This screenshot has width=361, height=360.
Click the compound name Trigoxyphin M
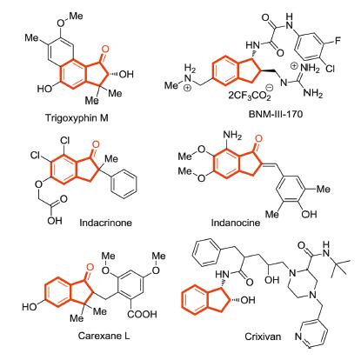click(77, 118)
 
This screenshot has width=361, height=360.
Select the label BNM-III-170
click(276, 114)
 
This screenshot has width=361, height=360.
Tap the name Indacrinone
click(105, 223)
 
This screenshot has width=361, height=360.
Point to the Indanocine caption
click(236, 223)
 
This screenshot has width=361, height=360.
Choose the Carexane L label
click(104, 336)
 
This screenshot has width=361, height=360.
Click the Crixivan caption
click(263, 337)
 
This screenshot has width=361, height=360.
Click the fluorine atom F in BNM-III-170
click(338, 41)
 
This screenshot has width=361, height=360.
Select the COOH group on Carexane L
click(142, 314)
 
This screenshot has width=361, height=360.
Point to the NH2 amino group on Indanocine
click(232, 136)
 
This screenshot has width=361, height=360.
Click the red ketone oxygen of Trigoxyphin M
click(105, 50)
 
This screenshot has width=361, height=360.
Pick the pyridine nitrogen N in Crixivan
click(298, 337)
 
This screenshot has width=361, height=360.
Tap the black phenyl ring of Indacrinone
click(124, 183)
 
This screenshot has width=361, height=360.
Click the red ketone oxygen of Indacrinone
click(96, 144)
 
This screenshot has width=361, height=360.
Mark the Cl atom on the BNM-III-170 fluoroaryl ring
click(330, 69)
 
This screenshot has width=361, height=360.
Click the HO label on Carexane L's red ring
click(30, 307)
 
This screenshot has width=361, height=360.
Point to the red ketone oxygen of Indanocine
click(257, 138)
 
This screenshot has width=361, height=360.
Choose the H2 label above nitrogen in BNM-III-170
click(190, 70)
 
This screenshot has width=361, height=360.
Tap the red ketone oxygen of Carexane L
click(90, 267)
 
